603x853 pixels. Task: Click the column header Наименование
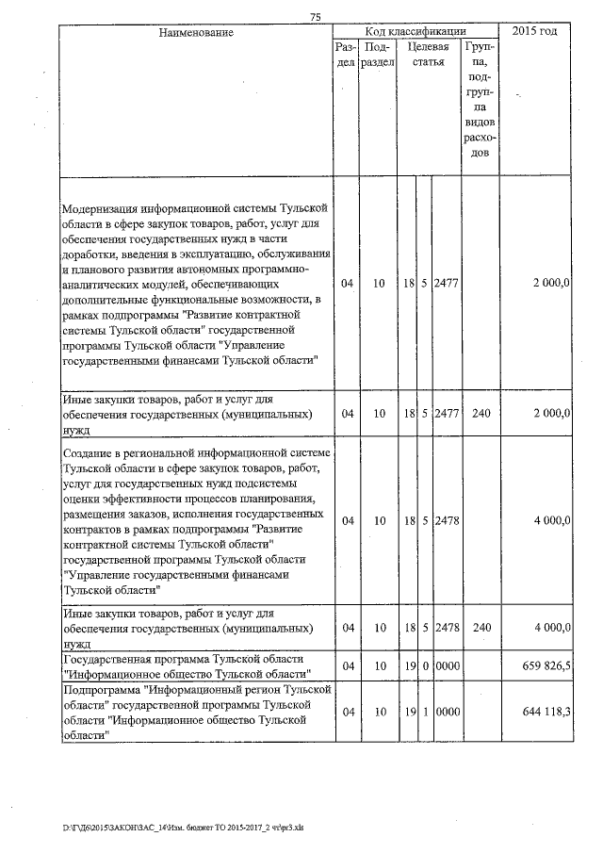click(195, 32)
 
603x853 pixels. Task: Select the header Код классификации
click(416, 31)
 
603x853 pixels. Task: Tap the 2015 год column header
click(534, 31)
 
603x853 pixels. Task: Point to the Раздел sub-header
click(346, 54)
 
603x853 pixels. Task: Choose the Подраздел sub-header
click(378, 54)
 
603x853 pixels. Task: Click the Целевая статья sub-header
click(428, 54)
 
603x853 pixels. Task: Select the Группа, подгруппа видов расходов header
click(480, 98)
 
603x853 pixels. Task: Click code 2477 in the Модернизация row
click(447, 283)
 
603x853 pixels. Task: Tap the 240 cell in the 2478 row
click(481, 626)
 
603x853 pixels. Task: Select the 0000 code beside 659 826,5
click(447, 665)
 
